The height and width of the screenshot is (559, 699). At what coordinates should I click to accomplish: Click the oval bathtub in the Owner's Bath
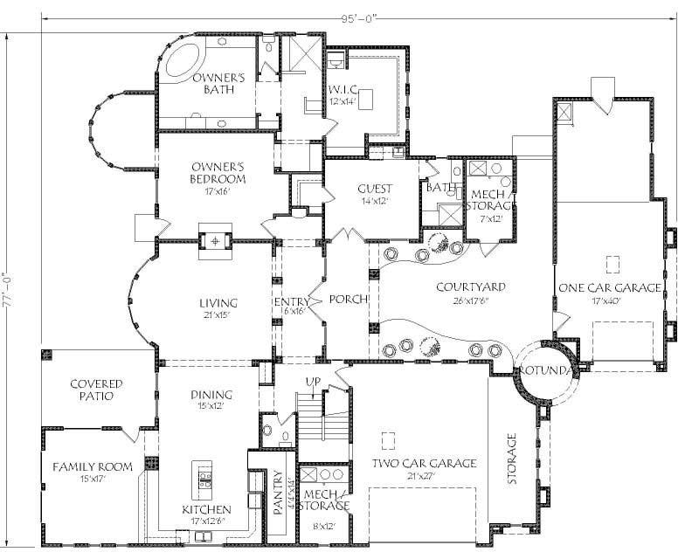click(x=181, y=64)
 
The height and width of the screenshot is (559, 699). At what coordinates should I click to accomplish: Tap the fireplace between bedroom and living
click(x=213, y=238)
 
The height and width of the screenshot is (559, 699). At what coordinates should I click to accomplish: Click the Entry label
click(x=291, y=303)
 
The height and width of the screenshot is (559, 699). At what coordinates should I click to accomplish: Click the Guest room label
click(x=374, y=193)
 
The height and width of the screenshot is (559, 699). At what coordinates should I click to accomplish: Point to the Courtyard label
click(x=472, y=292)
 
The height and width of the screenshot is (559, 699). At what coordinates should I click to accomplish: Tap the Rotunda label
click(x=546, y=371)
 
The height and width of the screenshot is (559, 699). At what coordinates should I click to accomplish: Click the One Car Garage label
click(x=610, y=292)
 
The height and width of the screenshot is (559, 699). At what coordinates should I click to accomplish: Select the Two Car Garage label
click(x=424, y=468)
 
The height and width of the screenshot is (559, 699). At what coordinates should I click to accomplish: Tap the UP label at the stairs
click(x=311, y=382)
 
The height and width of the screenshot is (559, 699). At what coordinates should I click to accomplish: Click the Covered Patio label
click(x=96, y=390)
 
